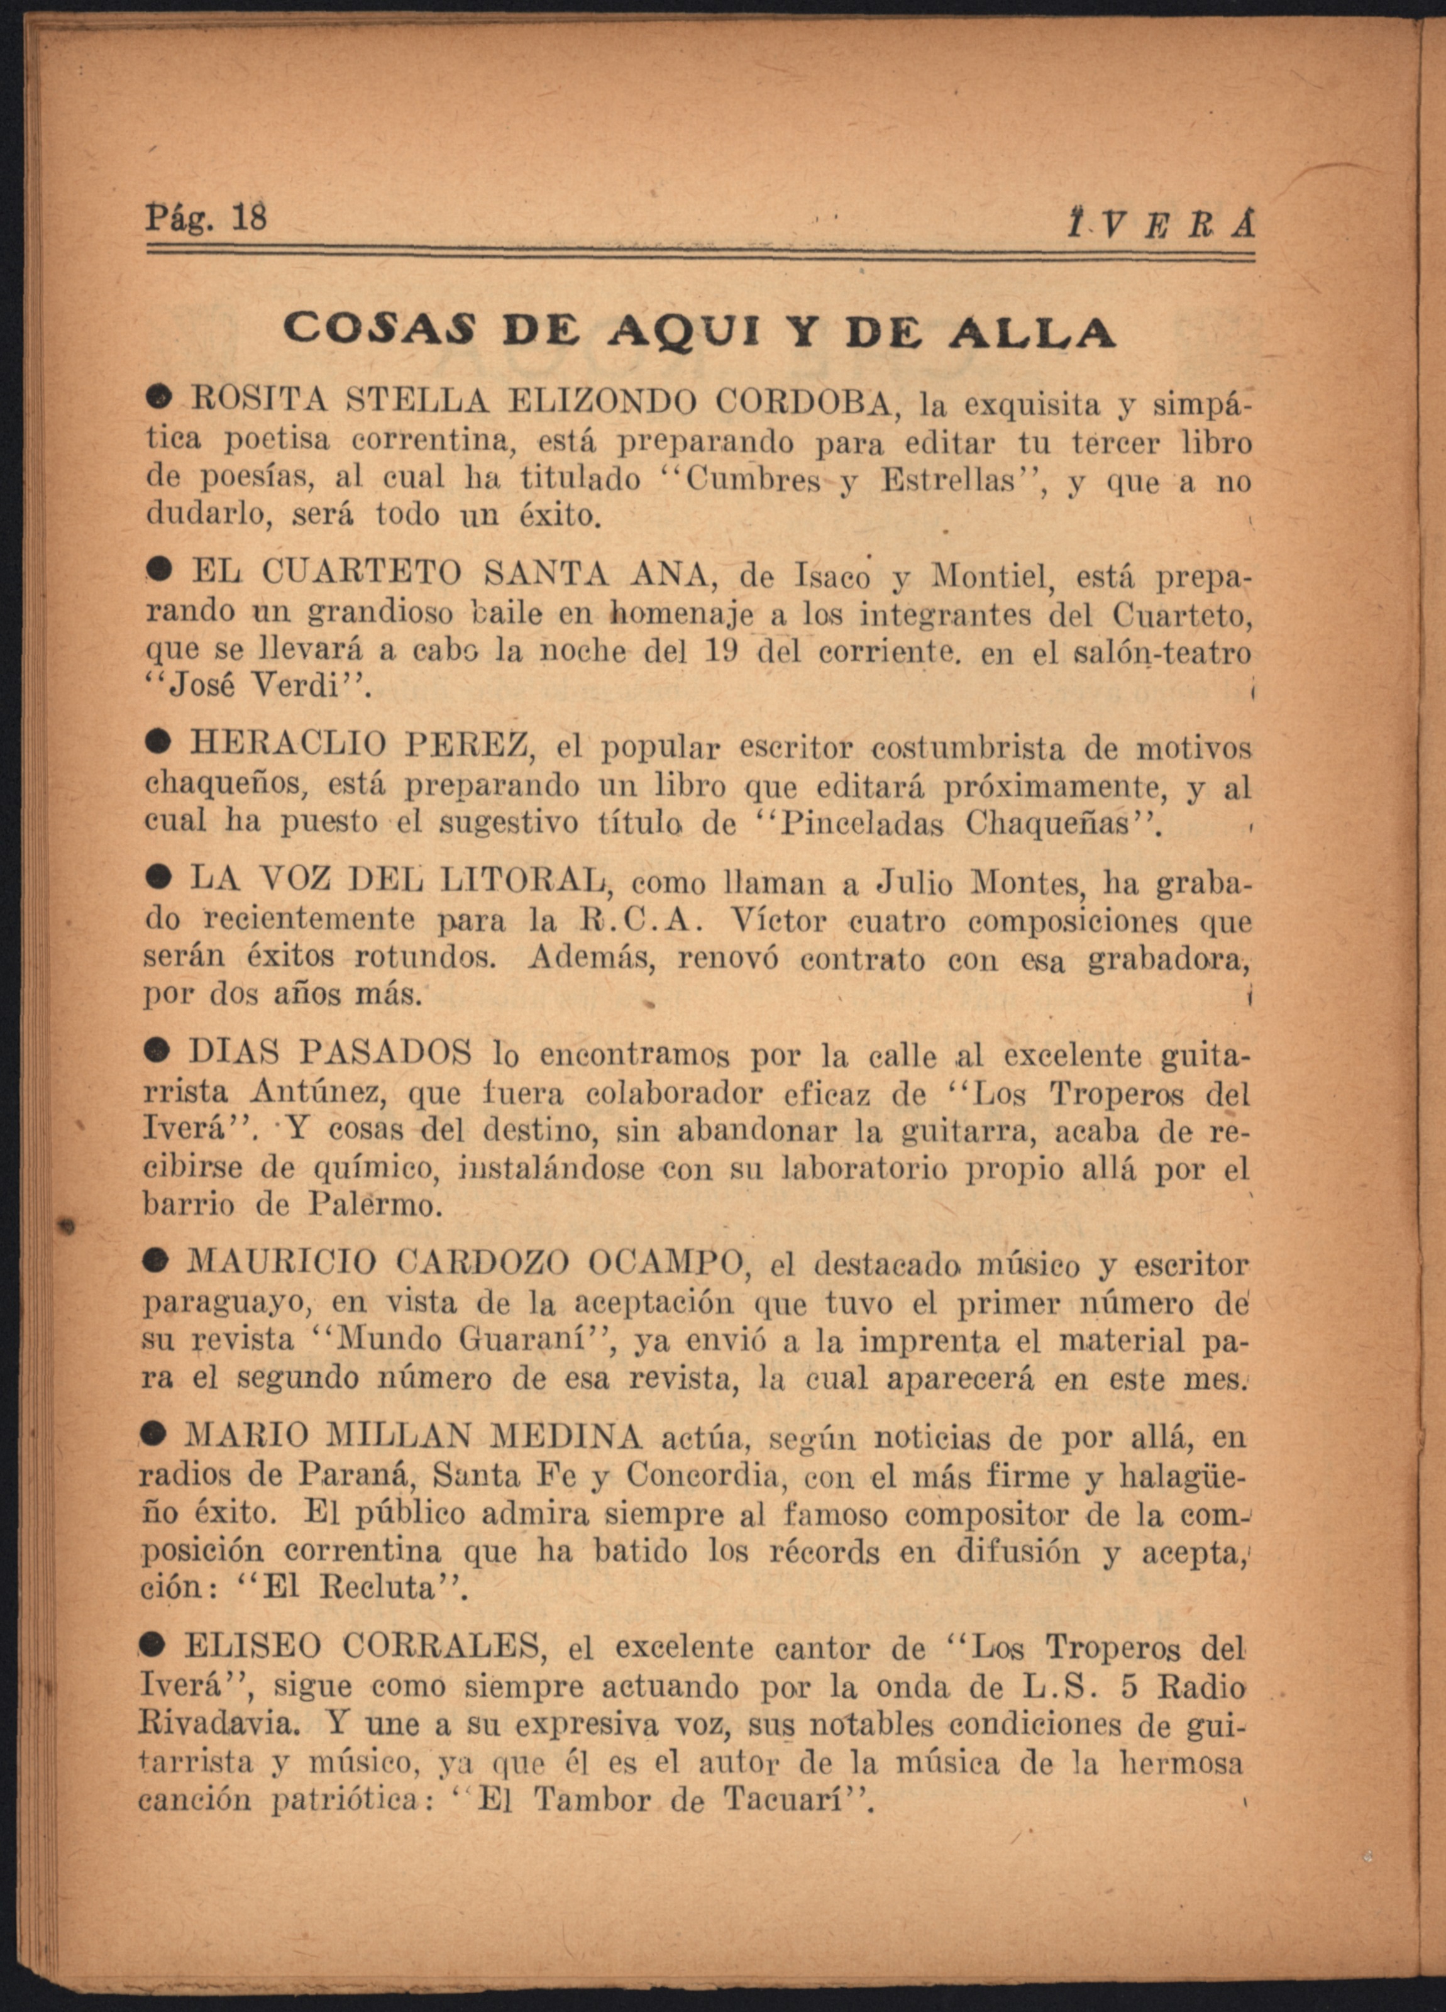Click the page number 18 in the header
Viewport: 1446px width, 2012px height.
pos(248,218)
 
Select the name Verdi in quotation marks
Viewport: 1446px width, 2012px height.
pos(302,687)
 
